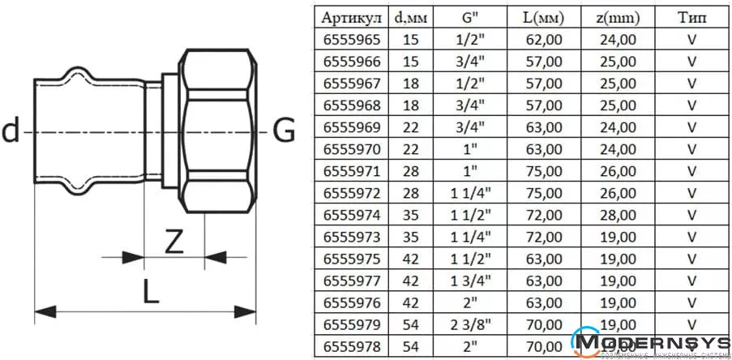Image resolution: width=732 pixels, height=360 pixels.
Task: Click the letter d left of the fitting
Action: (x=11, y=130)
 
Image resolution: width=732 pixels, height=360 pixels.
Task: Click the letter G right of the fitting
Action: (x=283, y=130)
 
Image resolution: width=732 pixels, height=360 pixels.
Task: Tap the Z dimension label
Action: (x=173, y=242)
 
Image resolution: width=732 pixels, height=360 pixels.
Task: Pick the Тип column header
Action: (x=692, y=17)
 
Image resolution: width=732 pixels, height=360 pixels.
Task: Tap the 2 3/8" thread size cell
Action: (x=469, y=325)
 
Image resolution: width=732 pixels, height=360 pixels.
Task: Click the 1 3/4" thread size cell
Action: (x=469, y=281)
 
